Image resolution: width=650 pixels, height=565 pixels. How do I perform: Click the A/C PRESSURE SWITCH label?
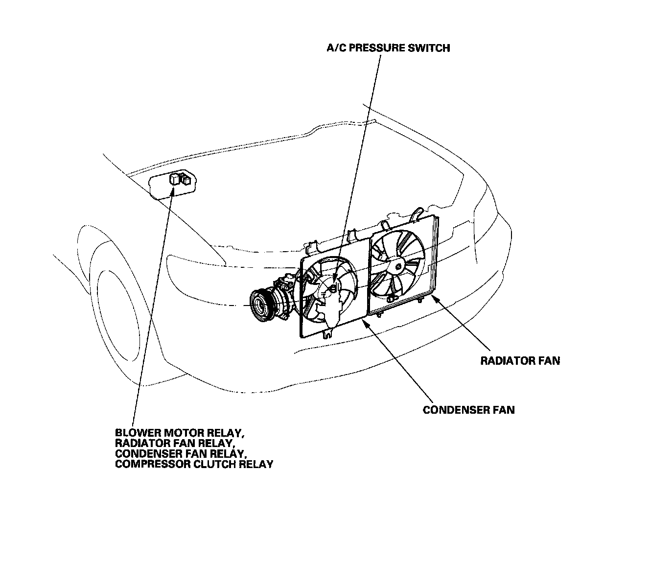click(x=388, y=48)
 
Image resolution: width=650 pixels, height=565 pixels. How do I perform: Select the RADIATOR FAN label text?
click(x=520, y=361)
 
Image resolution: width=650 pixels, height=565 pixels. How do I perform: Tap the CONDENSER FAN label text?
click(x=468, y=410)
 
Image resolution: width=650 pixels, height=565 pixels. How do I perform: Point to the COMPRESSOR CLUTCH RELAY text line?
click(x=194, y=464)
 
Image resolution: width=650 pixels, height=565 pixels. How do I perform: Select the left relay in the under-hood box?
click(x=175, y=179)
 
